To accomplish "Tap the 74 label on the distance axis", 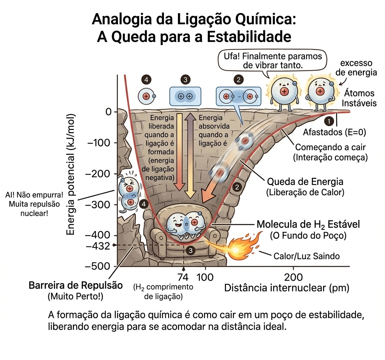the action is tap(183, 277).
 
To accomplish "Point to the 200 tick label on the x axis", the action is tap(293, 277).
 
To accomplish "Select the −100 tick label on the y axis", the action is tap(99, 143).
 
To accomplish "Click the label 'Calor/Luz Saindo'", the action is tap(306, 256).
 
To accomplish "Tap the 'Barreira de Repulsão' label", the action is tap(76, 286).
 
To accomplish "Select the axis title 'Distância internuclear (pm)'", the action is tap(286, 288).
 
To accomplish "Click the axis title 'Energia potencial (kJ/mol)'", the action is tap(71, 174).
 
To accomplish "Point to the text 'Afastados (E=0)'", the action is tap(334, 132).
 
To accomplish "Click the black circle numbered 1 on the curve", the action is tap(329, 121).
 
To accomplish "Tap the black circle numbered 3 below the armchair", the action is tap(191, 250).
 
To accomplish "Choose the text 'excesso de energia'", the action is tap(356, 68).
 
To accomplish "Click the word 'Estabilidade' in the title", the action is tap(249, 37).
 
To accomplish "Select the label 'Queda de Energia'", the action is tap(305, 182).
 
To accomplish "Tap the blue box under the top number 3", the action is tap(185, 96).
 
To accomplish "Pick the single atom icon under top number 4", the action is tap(146, 96).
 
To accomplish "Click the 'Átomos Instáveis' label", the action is tap(359, 98).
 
